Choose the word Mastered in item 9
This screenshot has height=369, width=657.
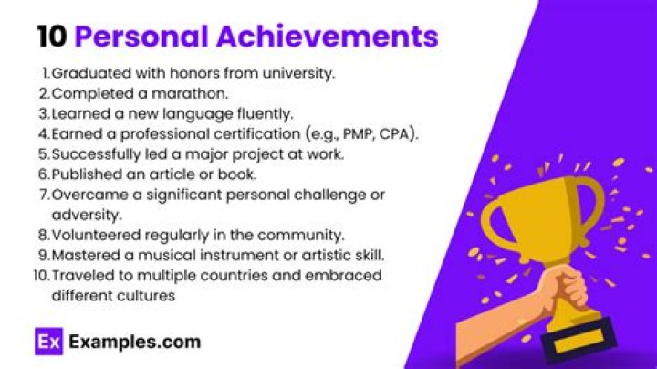pos(84,253)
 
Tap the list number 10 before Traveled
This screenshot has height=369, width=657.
pos(40,274)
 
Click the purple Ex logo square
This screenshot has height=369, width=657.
pos(47,344)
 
